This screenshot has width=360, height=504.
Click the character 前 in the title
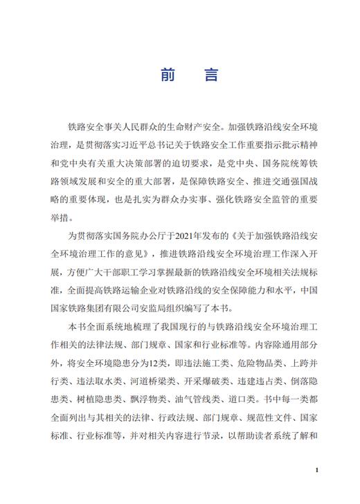point(168,75)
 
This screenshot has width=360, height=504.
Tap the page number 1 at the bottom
point(316,471)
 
